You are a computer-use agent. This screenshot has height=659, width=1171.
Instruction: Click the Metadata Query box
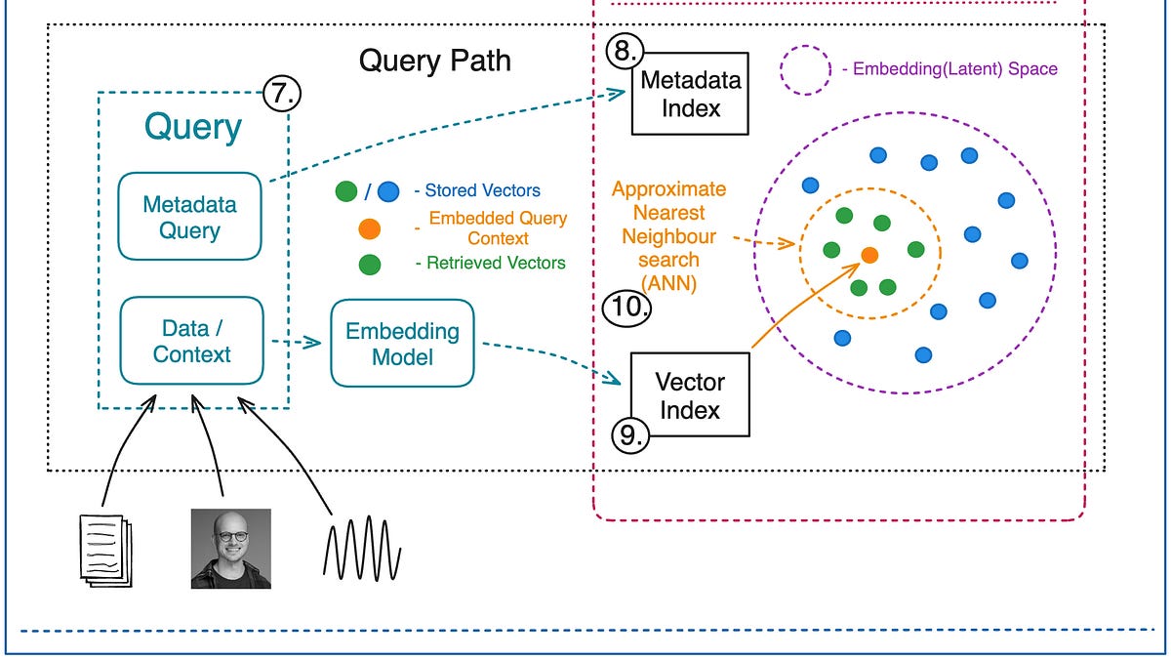(189, 217)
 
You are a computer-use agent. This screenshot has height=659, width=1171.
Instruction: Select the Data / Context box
(191, 341)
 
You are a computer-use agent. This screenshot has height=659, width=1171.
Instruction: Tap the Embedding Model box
(402, 344)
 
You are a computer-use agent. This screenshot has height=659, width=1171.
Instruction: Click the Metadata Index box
(690, 93)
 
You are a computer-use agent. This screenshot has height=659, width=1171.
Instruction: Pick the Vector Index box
(690, 394)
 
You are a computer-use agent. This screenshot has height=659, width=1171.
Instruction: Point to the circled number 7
(282, 95)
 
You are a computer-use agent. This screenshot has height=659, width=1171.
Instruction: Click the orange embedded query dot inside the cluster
(868, 255)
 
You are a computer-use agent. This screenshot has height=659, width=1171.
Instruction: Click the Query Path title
(434, 61)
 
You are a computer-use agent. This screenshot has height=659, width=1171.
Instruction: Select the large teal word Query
(193, 127)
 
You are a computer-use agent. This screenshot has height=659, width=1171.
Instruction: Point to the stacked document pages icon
(104, 550)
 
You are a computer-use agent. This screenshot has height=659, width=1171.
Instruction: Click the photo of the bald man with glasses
(230, 549)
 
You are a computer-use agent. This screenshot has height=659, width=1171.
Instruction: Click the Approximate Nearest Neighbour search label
(668, 236)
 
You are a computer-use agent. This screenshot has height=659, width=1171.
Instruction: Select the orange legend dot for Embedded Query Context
(370, 229)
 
